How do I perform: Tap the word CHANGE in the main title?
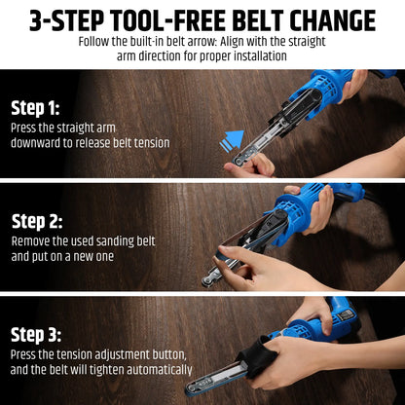334,20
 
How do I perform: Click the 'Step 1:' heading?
35,108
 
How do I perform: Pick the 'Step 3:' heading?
35,335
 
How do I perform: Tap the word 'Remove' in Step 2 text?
33,240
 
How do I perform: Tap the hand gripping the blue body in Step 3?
312,310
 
